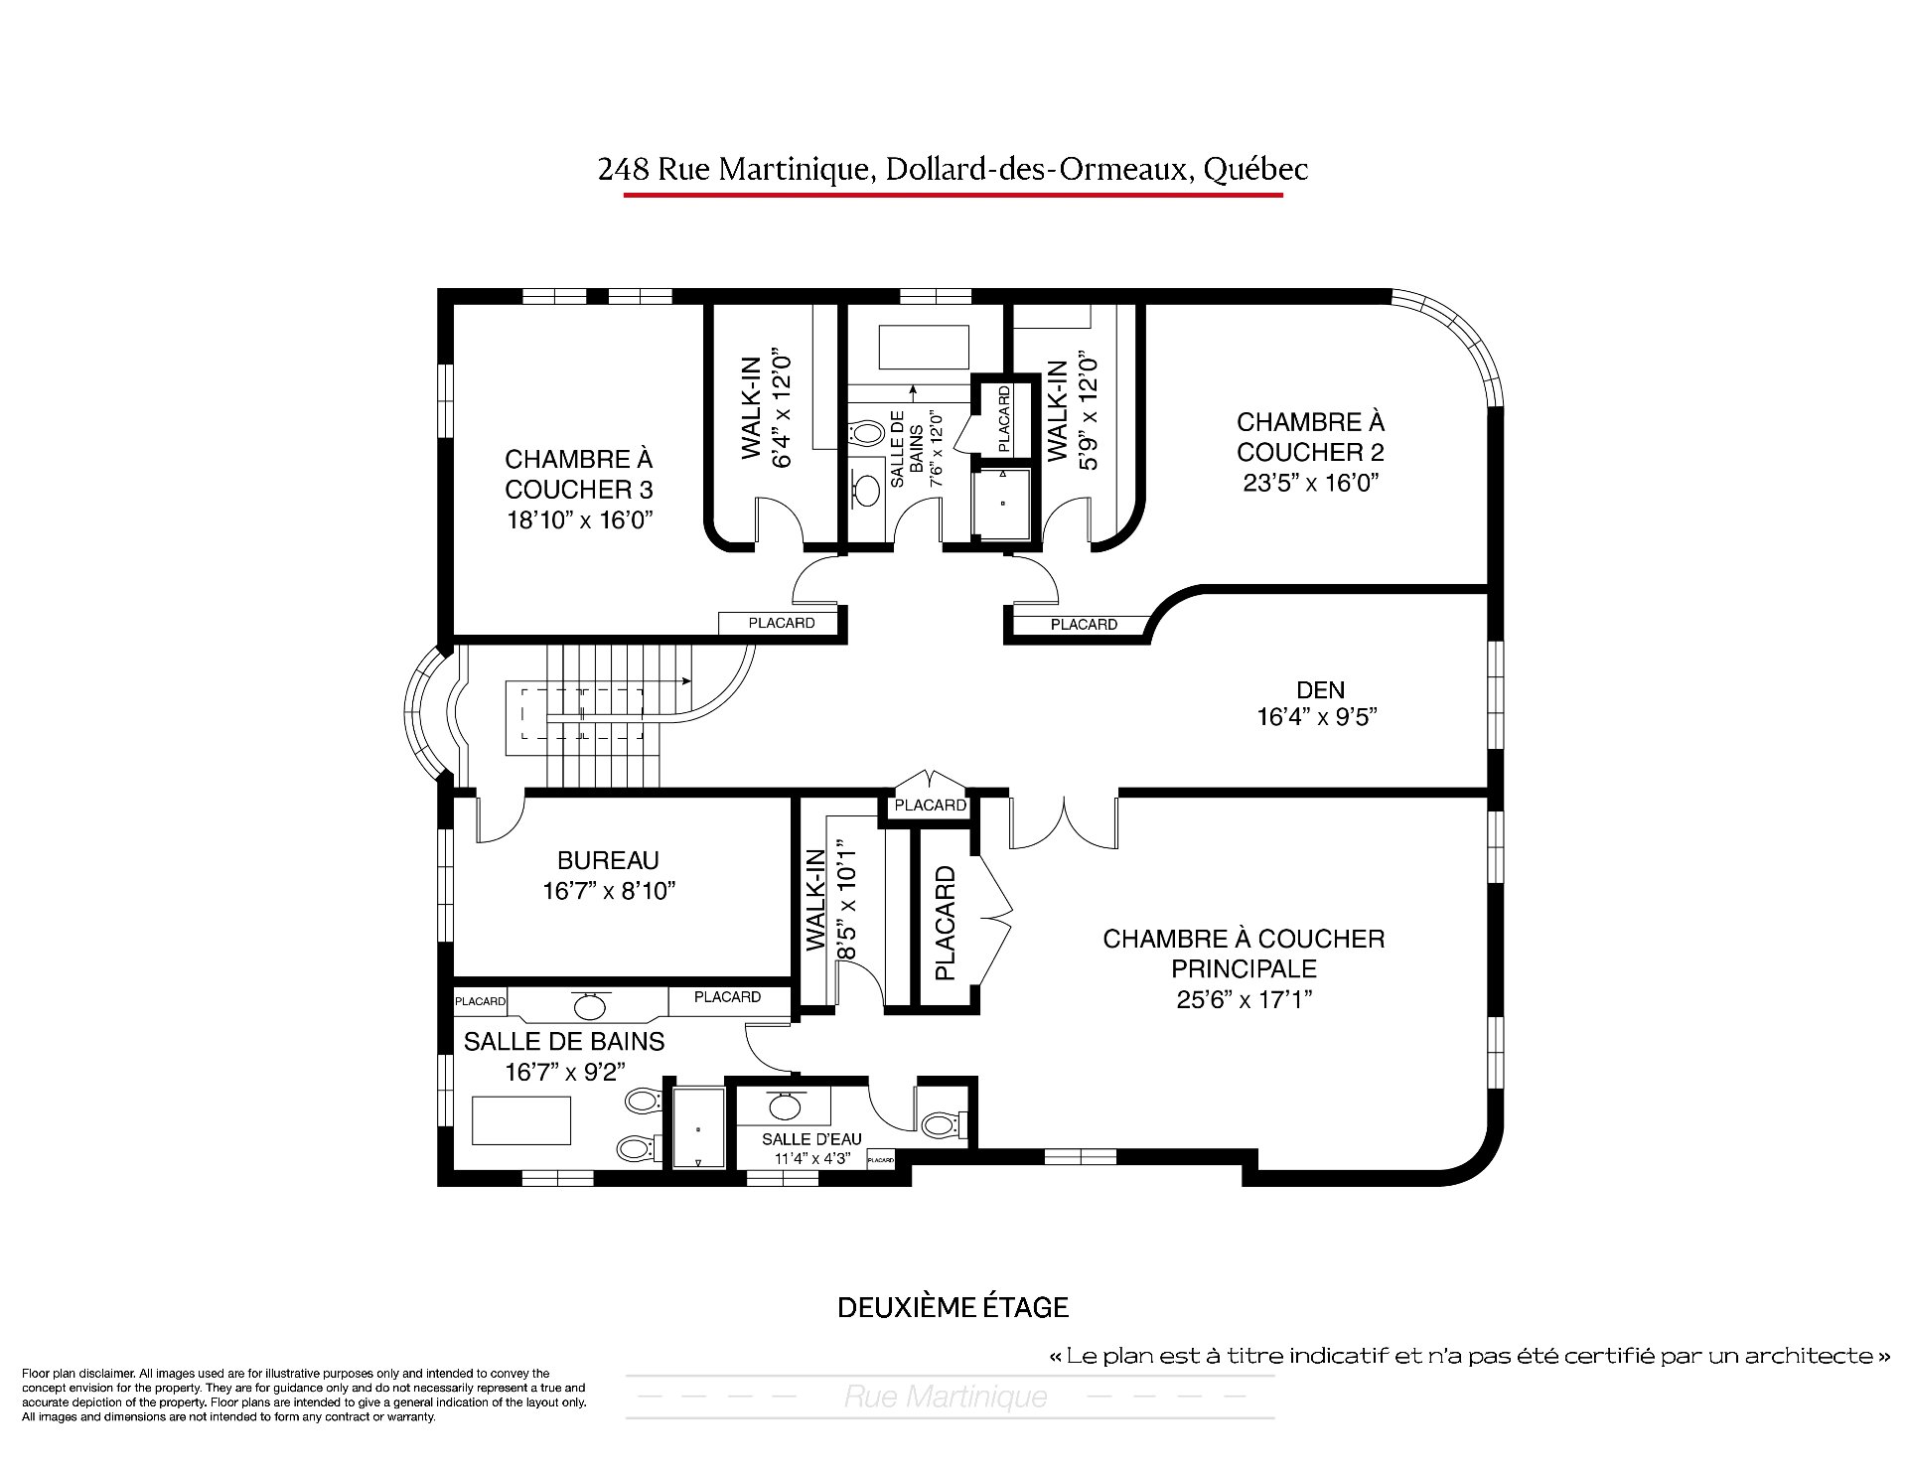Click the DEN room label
tap(1321, 689)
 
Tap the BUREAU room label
tap(608, 860)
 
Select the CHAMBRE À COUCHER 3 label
tap(579, 475)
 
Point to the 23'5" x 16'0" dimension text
tap(1311, 483)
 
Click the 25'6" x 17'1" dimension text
tap(1244, 999)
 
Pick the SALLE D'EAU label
tap(811, 1139)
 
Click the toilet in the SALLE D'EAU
tap(940, 1124)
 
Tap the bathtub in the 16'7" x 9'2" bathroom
tap(521, 1120)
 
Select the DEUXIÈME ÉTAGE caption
tap(953, 1307)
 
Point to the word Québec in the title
tap(1255, 170)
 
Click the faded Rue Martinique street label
tap(946, 1398)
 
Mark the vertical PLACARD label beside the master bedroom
tap(945, 924)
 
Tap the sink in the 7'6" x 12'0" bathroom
tap(867, 489)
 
